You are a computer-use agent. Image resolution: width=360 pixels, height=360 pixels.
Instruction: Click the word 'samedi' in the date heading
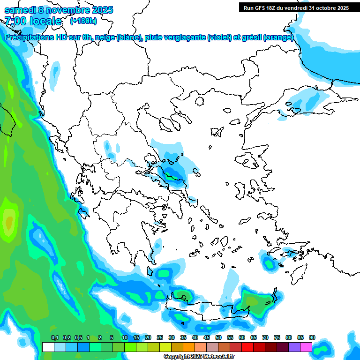coord(20,10)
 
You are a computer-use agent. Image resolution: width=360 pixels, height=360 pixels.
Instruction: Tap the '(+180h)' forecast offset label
coord(83,21)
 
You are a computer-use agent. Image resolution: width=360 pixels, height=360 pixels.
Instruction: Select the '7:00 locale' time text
coord(33,21)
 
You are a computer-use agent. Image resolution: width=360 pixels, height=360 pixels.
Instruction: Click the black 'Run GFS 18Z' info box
coord(296,7)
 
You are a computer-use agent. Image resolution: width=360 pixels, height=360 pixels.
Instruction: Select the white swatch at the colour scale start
coord(48,347)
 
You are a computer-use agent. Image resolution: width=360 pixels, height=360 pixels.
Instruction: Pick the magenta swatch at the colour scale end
coord(306,347)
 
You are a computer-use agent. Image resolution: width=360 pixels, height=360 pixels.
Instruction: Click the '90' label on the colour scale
coord(312,337)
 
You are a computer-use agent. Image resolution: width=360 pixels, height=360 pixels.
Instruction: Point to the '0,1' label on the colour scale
coord(54,337)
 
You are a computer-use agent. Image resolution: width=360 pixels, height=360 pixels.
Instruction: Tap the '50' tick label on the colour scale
coord(218,337)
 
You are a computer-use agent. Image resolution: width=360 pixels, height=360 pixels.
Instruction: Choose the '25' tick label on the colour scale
coord(160,337)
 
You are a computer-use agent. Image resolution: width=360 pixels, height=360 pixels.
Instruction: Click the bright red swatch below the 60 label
coord(247,347)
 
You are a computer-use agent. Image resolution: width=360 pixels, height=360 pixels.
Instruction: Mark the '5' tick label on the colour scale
coord(112,337)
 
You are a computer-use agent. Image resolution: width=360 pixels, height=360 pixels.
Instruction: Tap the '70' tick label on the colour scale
coord(265,337)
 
